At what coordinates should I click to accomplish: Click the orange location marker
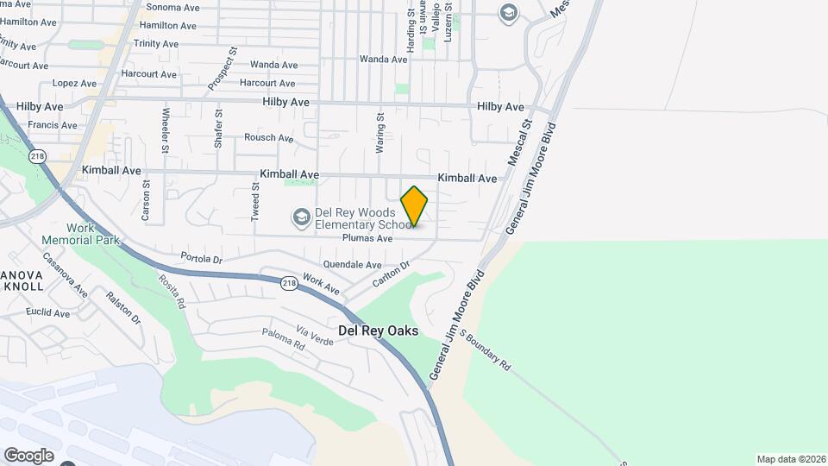(414, 206)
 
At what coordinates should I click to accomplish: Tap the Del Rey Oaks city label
(378, 331)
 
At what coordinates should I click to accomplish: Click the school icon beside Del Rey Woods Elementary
(301, 215)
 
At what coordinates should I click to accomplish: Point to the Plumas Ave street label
(367, 238)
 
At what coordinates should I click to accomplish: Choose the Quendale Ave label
(352, 264)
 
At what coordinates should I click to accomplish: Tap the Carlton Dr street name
(389, 276)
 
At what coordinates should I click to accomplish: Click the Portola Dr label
(202, 258)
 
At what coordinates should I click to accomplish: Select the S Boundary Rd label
(485, 349)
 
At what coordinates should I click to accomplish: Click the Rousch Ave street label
(268, 137)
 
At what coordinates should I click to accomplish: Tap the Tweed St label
(255, 203)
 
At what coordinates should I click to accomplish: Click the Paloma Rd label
(284, 339)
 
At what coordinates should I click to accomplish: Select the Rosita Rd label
(171, 291)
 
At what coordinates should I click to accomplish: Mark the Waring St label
(379, 132)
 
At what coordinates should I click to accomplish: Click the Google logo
(28, 455)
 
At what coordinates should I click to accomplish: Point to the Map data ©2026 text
(789, 459)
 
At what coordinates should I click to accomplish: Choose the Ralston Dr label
(122, 306)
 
